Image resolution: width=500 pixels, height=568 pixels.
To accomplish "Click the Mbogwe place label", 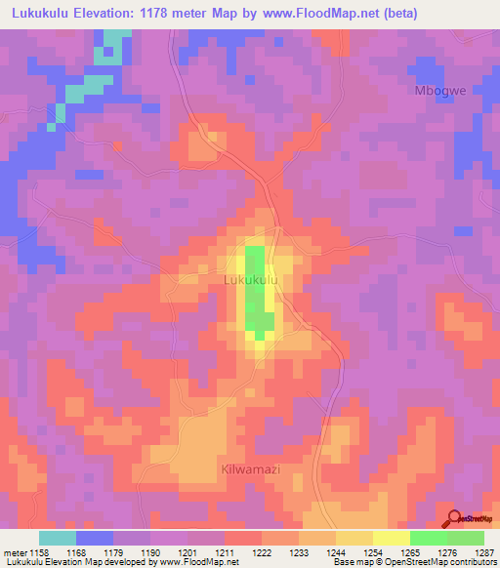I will click(435, 90).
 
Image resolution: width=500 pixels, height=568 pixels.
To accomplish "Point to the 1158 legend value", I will click(38, 552).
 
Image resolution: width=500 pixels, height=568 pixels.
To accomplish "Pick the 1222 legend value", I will click(263, 552).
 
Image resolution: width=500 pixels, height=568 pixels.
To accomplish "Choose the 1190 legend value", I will click(150, 552).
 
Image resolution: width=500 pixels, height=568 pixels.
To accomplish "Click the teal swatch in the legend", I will click(57, 538).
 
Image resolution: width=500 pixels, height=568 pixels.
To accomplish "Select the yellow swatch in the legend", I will click(391, 538).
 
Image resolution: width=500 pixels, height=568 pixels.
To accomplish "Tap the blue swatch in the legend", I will click(94, 538).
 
